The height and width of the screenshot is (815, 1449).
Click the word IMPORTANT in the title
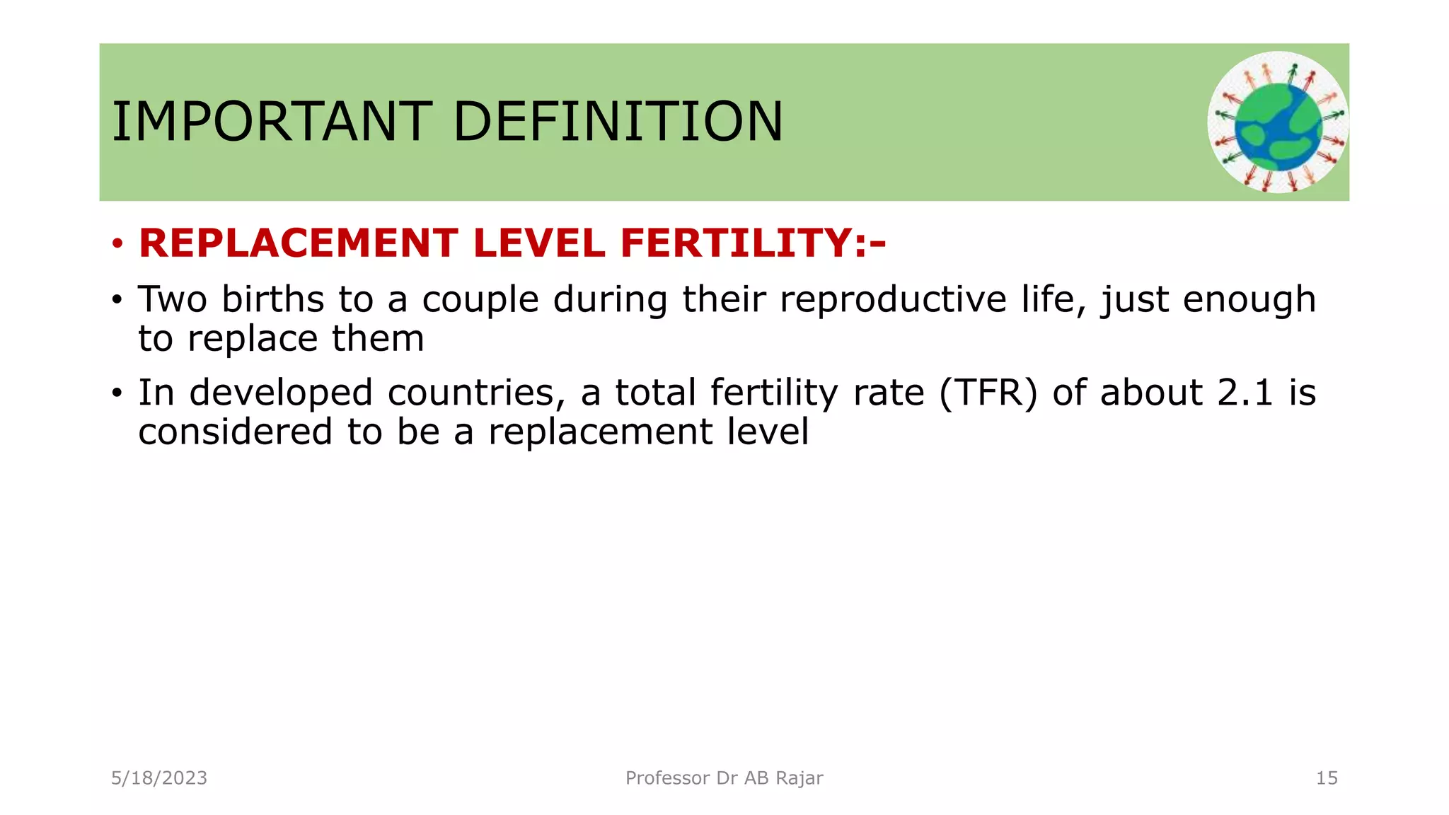tap(272, 122)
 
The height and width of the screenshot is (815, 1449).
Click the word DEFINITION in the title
tap(618, 122)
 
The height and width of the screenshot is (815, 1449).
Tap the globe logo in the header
tap(1278, 122)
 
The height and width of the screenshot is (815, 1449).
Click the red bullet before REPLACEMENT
tap(117, 245)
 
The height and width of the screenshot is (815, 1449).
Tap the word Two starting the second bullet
tap(172, 299)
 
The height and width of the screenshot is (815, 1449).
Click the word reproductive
tap(893, 300)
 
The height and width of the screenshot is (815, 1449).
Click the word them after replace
tap(378, 338)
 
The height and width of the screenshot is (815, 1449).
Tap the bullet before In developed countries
tap(117, 394)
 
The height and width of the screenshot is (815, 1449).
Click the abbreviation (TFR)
tap(988, 393)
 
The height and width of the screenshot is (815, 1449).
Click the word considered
tap(235, 432)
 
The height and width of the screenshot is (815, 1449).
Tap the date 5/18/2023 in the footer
tap(159, 778)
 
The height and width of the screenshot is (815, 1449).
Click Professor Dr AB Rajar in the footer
tap(724, 778)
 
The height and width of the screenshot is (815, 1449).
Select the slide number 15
tap(1326, 778)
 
